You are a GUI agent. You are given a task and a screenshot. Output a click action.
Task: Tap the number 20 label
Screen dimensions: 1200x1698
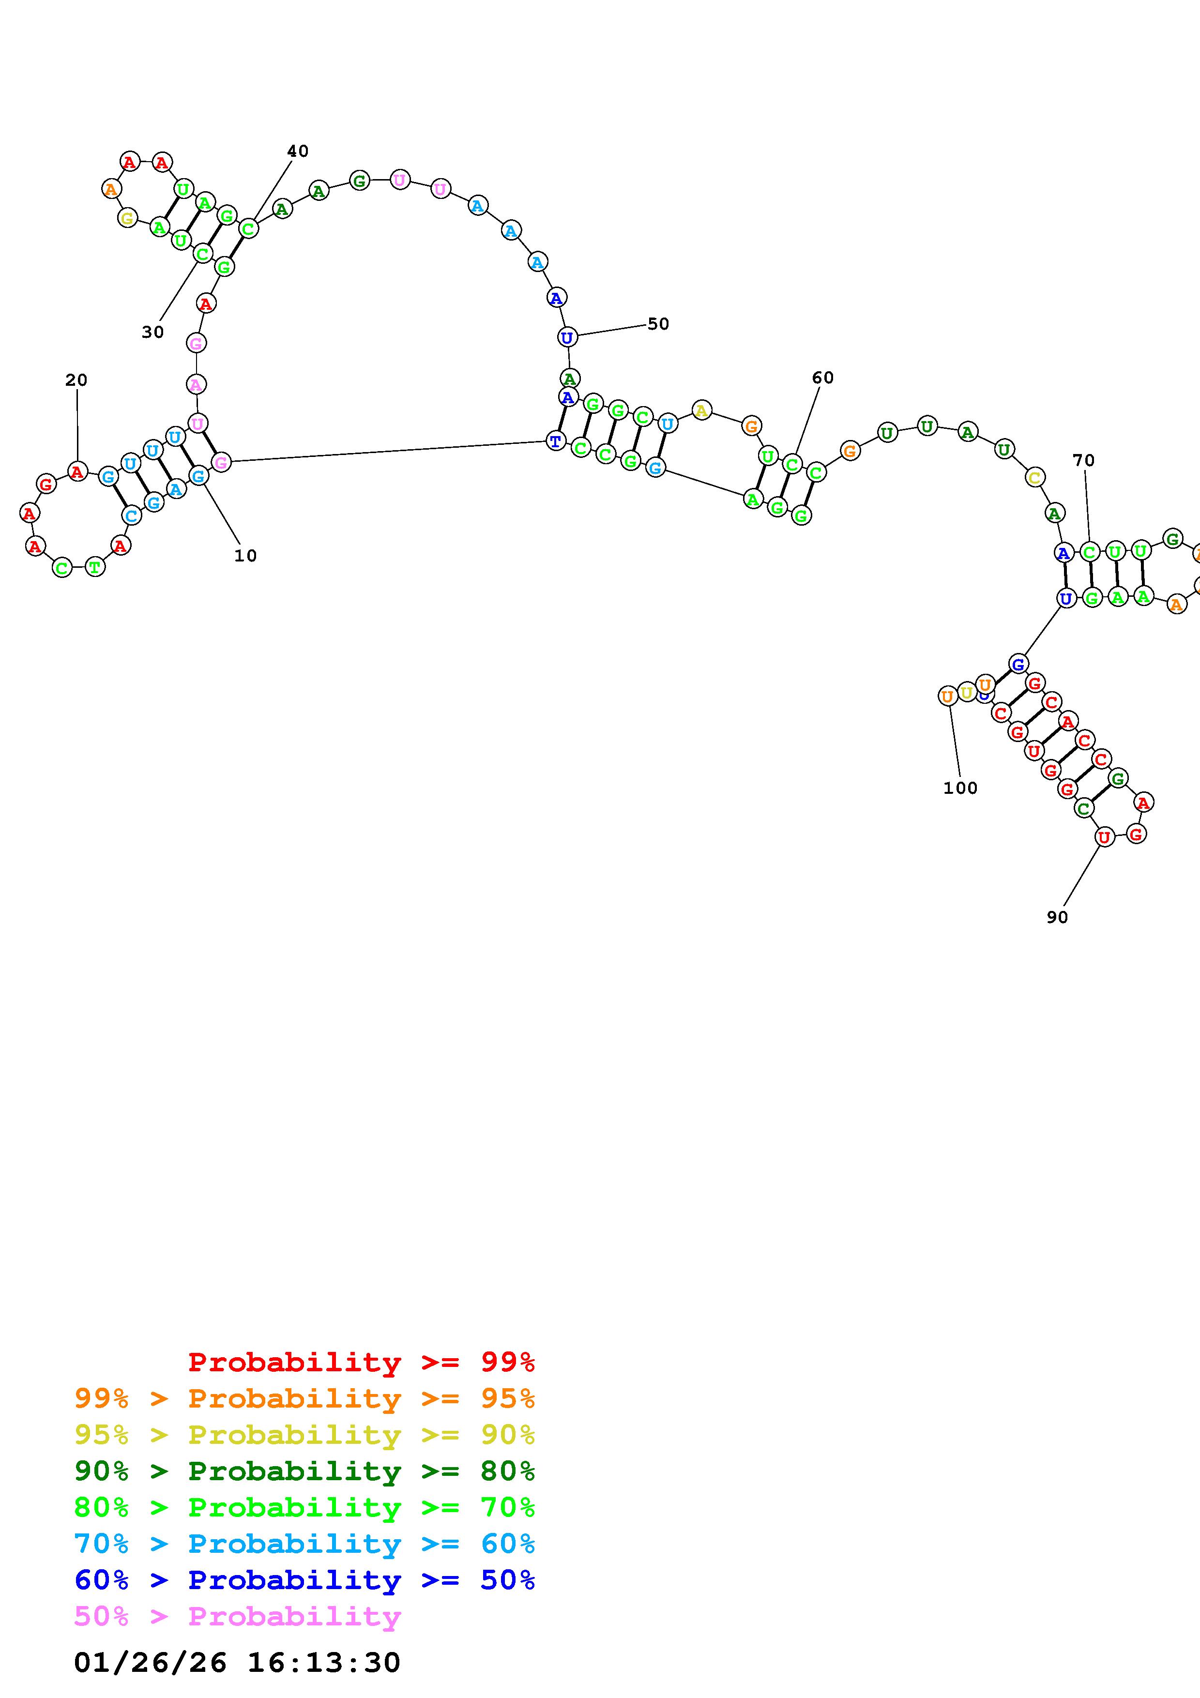76,380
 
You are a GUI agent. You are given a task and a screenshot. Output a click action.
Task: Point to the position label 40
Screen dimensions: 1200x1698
297,151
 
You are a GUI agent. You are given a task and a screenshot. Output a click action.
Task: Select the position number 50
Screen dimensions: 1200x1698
658,324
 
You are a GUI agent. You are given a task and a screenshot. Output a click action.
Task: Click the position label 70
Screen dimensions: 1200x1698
1083,460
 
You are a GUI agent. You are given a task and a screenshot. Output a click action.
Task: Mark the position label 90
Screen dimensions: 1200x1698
1057,917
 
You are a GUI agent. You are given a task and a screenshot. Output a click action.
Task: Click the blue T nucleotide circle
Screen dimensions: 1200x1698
555,441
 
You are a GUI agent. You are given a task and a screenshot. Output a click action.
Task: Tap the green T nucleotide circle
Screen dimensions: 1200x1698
95,567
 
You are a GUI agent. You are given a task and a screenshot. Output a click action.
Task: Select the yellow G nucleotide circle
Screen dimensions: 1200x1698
128,218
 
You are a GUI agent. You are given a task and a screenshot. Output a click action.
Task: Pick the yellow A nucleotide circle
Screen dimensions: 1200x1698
701,409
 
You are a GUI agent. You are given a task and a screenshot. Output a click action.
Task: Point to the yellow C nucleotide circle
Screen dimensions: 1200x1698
1035,478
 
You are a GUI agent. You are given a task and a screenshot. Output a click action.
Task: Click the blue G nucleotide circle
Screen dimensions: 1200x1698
1018,664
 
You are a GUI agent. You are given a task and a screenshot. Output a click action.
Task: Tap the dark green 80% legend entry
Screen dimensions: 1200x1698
304,1471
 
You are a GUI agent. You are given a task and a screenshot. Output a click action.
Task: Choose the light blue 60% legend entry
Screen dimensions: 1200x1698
304,1544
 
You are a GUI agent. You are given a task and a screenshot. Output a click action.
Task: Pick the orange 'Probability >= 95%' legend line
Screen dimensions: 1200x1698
304,1398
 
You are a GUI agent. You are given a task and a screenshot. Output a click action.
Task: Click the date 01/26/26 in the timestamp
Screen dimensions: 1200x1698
150,1663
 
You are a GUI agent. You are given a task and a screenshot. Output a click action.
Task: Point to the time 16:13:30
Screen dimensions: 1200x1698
323,1663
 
